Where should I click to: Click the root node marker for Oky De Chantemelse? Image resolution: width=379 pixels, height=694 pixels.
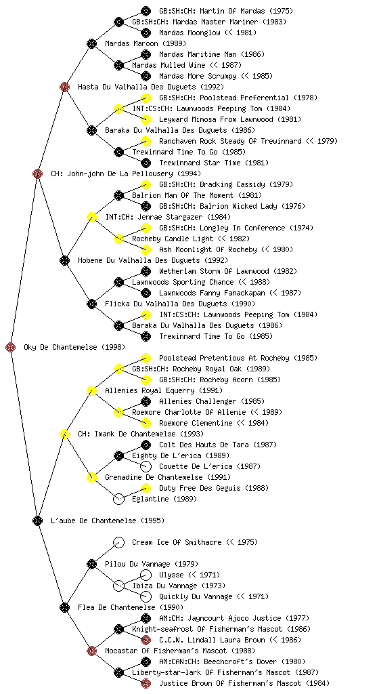pos(11,347)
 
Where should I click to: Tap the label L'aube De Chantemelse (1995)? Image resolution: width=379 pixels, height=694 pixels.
pos(108,520)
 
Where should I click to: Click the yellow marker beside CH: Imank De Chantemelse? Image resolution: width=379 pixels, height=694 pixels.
pos(64,434)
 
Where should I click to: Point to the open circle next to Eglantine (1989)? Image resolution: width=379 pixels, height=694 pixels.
pos(118,499)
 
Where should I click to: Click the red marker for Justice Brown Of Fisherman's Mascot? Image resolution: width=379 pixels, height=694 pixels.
pos(146,683)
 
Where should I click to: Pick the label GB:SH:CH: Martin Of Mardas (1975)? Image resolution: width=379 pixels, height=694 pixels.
pos(226,11)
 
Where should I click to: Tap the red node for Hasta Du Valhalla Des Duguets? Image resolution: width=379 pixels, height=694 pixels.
pos(64,87)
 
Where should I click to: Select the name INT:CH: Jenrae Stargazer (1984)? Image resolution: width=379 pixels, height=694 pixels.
pos(168,217)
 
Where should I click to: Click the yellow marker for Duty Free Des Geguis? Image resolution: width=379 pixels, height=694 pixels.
pos(146,488)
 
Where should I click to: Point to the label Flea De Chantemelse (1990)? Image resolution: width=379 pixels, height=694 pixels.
pos(131,607)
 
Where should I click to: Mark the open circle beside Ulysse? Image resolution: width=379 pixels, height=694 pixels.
pos(146,575)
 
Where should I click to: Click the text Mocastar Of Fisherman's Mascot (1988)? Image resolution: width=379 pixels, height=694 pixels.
pos(180,651)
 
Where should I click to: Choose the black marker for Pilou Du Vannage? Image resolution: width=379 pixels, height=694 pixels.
pos(91,564)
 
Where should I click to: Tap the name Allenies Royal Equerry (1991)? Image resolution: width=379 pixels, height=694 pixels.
pos(164,390)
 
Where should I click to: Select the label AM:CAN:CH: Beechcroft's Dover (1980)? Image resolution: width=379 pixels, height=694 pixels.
pos(232,661)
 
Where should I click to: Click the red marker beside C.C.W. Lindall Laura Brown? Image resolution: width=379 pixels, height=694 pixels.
pos(146,640)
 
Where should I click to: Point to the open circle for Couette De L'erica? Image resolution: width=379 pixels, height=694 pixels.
pos(146,466)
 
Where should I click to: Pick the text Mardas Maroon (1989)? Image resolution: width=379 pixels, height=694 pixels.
pos(146,43)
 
